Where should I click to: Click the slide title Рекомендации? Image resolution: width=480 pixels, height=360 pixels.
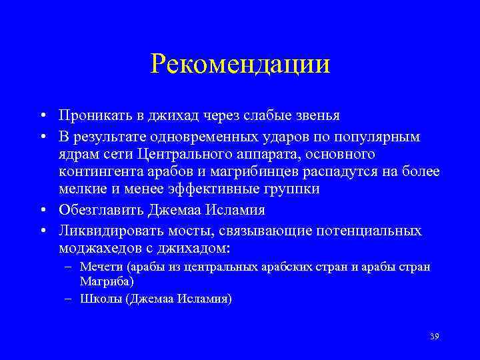[x=240, y=65]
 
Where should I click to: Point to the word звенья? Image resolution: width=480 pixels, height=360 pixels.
[x=316, y=116]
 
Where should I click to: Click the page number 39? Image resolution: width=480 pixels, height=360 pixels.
[x=435, y=336]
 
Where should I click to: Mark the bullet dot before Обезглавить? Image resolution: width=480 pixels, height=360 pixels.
[x=42, y=211]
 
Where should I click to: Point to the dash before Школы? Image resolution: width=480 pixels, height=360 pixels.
[x=69, y=299]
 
